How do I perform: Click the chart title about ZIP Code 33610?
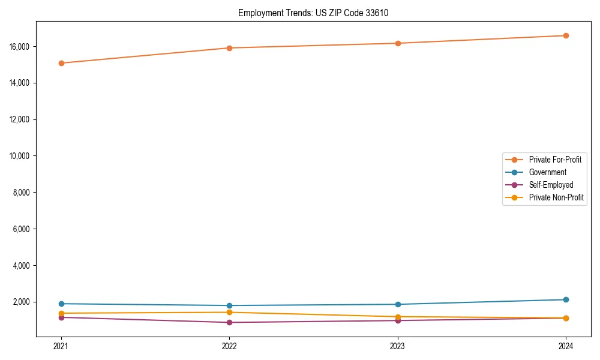(313, 13)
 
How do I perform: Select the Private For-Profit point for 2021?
(61, 63)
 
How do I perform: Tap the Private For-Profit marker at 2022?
(229, 48)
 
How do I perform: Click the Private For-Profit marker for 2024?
(566, 35)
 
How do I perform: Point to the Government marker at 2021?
(61, 304)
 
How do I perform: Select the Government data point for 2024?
(566, 299)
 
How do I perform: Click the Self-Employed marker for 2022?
(229, 322)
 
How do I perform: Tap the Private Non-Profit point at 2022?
(229, 312)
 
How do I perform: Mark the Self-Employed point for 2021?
(61, 317)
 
